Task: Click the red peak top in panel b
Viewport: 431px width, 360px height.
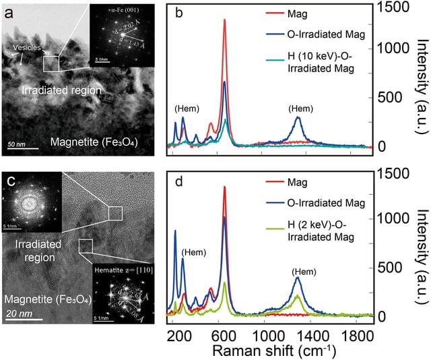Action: click(224, 20)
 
